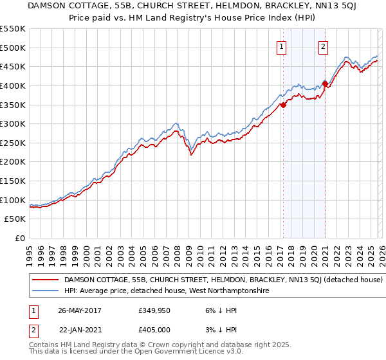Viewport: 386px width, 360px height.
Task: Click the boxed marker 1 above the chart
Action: click(x=282, y=46)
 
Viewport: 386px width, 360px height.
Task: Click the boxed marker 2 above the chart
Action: click(x=323, y=46)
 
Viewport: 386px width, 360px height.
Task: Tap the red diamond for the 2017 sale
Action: click(x=283, y=105)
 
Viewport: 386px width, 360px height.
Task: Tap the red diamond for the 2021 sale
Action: click(x=325, y=84)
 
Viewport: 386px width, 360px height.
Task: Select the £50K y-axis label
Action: click(x=15, y=219)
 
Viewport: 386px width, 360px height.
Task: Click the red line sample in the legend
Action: click(x=46, y=280)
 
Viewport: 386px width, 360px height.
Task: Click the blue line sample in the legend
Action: click(x=46, y=291)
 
